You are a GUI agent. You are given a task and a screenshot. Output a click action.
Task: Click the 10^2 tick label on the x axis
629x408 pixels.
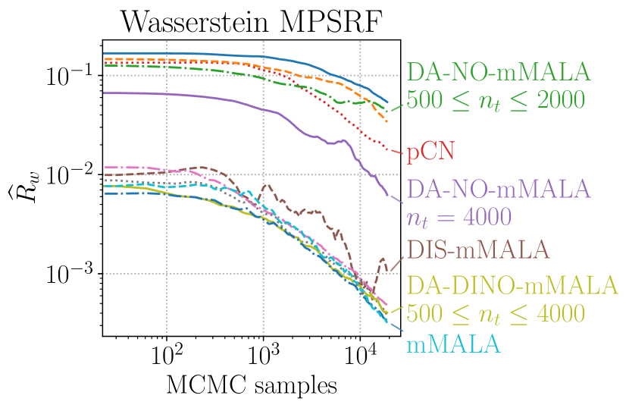click(166, 353)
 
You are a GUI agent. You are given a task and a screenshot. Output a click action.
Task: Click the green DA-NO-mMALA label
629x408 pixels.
click(498, 72)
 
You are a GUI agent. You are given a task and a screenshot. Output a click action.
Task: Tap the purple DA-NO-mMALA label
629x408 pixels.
click(498, 188)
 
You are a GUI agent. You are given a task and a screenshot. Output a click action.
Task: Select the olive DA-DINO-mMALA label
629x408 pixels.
click(512, 285)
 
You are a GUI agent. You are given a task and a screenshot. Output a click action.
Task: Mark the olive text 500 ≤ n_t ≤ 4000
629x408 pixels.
click(497, 312)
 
